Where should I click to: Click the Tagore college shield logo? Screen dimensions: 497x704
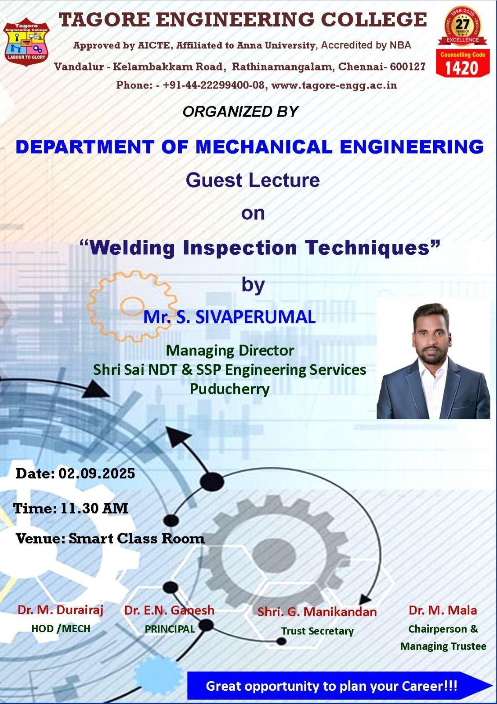[26, 44]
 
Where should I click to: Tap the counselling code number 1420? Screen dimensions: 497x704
[462, 68]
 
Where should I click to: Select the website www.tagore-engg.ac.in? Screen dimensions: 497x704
[334, 85]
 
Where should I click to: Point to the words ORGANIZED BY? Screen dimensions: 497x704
[240, 112]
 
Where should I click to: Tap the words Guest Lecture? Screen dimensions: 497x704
[253, 180]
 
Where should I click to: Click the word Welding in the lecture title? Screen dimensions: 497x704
[132, 248]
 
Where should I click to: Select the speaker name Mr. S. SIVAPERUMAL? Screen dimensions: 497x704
[229, 317]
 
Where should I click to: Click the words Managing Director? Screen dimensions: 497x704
[230, 350]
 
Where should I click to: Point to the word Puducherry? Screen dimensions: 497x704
[230, 389]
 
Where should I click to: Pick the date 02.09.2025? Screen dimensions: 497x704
[97, 473]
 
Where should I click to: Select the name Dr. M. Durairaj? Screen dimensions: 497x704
[61, 610]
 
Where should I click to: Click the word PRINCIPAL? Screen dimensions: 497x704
[170, 629]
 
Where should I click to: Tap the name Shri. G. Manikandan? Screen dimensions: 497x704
[317, 612]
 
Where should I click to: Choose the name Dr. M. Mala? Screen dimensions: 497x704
[443, 610]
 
